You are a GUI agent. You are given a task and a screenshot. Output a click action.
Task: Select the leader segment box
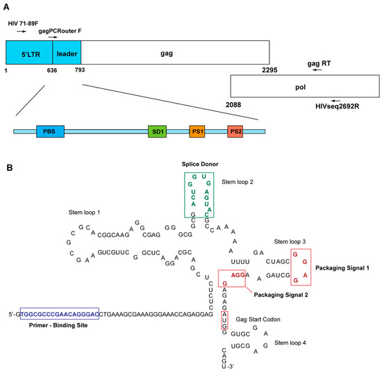(x=67, y=52)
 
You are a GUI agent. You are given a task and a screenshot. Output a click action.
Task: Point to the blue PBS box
(x=49, y=131)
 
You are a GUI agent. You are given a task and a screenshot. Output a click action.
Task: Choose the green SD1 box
(x=157, y=131)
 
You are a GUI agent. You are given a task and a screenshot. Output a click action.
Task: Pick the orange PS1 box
(x=198, y=131)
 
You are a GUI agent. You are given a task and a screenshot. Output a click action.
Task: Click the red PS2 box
(x=235, y=131)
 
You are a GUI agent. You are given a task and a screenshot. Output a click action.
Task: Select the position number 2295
(x=271, y=70)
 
